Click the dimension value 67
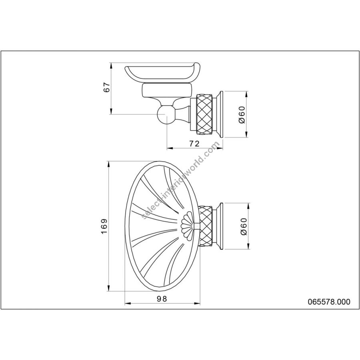pyautogui.click(x=107, y=87)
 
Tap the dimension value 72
pyautogui.click(x=194, y=144)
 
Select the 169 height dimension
pyautogui.click(x=104, y=226)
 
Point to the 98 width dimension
pyautogui.click(x=162, y=299)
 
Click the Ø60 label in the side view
pyautogui.click(x=242, y=114)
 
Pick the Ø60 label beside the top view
pyautogui.click(x=244, y=226)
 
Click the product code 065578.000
pyautogui.click(x=329, y=302)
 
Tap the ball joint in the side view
pyautogui.click(x=165, y=114)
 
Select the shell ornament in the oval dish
pyautogui.click(x=188, y=226)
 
